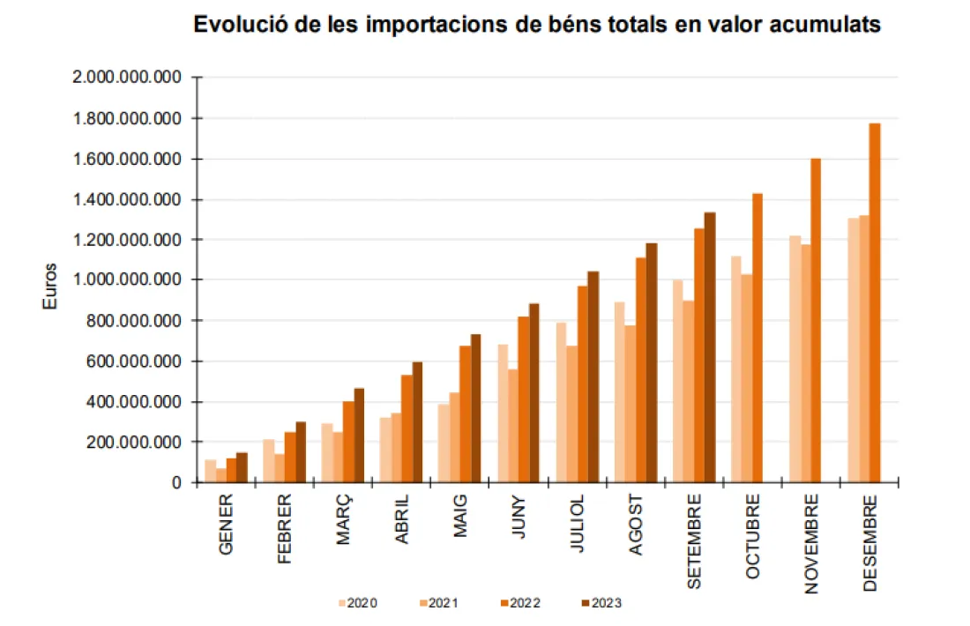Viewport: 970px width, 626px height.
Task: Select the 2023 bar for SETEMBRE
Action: (x=710, y=347)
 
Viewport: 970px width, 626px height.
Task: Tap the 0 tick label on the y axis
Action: (x=176, y=483)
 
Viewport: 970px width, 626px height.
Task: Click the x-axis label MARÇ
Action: (x=343, y=520)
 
